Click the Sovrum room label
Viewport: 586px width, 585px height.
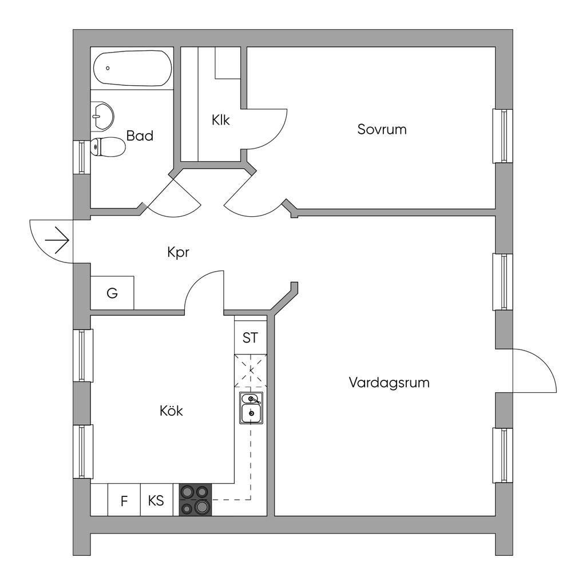pyautogui.click(x=382, y=129)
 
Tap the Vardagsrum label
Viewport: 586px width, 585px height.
pyautogui.click(x=389, y=383)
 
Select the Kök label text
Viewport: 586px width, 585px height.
pyautogui.click(x=171, y=411)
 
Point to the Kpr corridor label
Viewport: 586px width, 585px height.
pyautogui.click(x=179, y=253)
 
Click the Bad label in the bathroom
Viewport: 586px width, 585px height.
pyautogui.click(x=140, y=136)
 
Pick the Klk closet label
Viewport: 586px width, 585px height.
pyautogui.click(x=220, y=120)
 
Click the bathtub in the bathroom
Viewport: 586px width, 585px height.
pyautogui.click(x=132, y=68)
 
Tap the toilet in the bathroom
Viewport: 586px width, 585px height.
pyautogui.click(x=108, y=147)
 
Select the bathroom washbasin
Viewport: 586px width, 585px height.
pyautogui.click(x=102, y=116)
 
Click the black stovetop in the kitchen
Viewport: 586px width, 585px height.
pyautogui.click(x=196, y=500)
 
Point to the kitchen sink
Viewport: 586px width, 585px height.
pyautogui.click(x=251, y=408)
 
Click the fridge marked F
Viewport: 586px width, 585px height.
pyautogui.click(x=124, y=500)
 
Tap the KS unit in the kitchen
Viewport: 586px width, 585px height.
pyautogui.click(x=157, y=500)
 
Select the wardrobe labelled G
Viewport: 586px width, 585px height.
pyautogui.click(x=112, y=293)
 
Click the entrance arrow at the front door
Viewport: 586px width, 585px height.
pyautogui.click(x=57, y=240)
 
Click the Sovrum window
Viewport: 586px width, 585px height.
pyautogui.click(x=502, y=136)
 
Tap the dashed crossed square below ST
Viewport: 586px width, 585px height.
pyautogui.click(x=251, y=371)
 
